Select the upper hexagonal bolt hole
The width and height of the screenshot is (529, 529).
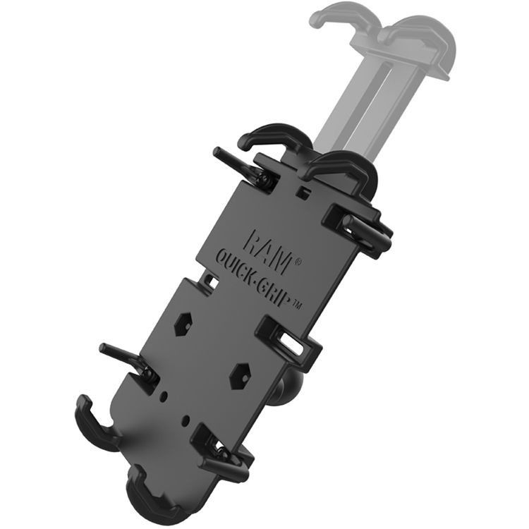tap(183, 324)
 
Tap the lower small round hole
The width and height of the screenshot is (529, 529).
tap(185, 420)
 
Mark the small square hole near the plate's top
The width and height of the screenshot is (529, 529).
tap(303, 192)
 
